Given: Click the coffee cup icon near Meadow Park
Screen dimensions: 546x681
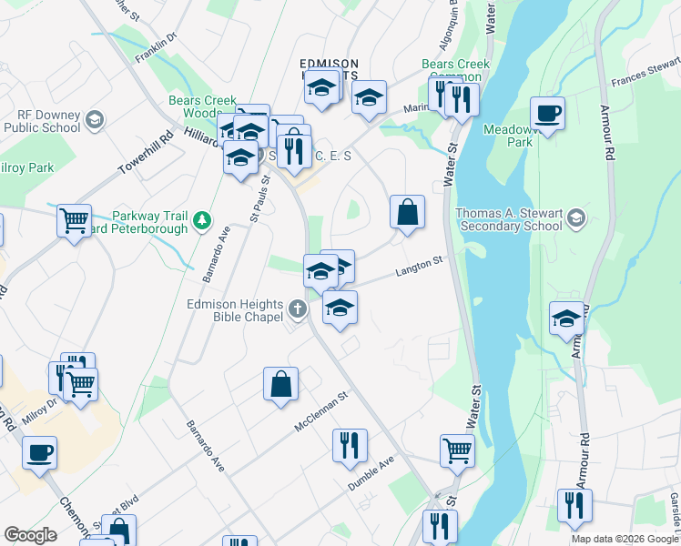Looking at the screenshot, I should pos(547,115).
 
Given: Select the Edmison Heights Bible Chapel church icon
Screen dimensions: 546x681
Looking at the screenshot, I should pos(298,310).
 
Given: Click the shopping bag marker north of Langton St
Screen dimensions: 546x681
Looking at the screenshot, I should pos(407,213).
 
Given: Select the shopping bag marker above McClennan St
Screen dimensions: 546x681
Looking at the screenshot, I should pos(280,384).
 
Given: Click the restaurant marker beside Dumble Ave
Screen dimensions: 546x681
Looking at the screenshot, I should pos(350,446).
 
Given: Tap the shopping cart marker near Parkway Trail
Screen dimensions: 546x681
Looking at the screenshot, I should pos(74,220).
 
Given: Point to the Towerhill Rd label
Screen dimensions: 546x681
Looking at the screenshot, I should pos(146,156).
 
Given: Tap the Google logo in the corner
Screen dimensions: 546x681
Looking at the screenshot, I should pos(30,535).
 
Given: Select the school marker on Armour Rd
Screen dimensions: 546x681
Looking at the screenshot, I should pos(566,319).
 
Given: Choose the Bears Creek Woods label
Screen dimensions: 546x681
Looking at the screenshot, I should pos(202,106).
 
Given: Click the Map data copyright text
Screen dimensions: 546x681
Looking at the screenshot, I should pos(624,539).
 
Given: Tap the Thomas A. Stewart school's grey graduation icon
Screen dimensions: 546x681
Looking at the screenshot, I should pos(575,218).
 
